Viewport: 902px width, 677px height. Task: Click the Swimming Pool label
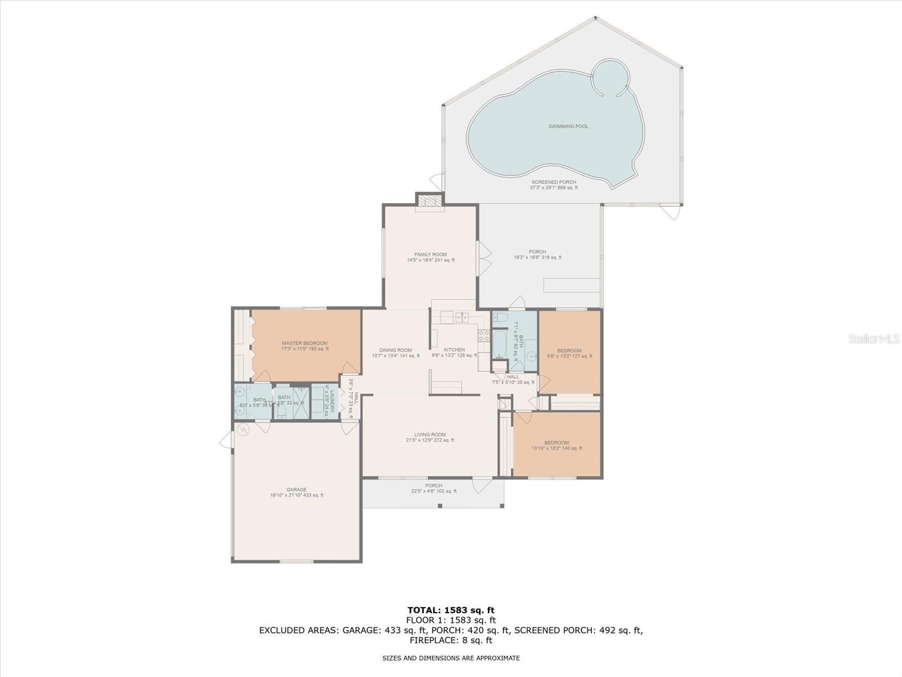pyautogui.click(x=568, y=126)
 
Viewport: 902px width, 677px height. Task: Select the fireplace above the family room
pyautogui.click(x=430, y=201)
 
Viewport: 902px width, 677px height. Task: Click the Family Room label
pyautogui.click(x=430, y=254)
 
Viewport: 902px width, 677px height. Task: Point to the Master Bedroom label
pyautogui.click(x=304, y=343)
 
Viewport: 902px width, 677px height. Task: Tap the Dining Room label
pyautogui.click(x=395, y=350)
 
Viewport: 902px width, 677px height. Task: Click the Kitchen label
pyautogui.click(x=454, y=350)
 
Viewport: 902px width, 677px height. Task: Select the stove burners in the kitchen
pyautogui.click(x=484, y=336)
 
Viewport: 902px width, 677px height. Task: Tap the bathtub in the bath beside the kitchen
pyautogui.click(x=499, y=345)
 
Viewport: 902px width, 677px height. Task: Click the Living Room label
pyautogui.click(x=430, y=434)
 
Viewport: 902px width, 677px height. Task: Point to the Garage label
pyautogui.click(x=296, y=490)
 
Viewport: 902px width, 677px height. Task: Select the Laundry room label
pyautogui.click(x=333, y=401)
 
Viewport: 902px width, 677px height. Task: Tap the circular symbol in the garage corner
pyautogui.click(x=243, y=430)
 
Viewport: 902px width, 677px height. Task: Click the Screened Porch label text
pyautogui.click(x=554, y=182)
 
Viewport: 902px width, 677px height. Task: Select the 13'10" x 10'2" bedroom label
pyautogui.click(x=556, y=443)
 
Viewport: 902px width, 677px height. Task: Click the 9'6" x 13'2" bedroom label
pyautogui.click(x=569, y=350)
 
